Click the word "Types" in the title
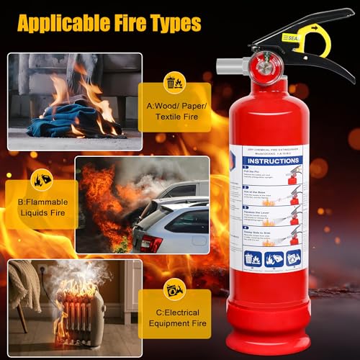tap(174, 23)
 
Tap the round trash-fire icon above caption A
tap(174, 82)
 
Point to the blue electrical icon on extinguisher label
tap(292, 257)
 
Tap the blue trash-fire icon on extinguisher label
tap(251, 257)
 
